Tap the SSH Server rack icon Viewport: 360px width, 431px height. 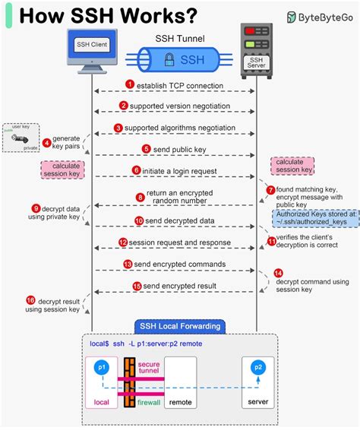point(256,49)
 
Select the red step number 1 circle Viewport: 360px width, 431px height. point(130,84)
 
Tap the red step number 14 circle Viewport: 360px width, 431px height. point(278,272)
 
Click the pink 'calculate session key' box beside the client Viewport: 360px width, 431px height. point(67,168)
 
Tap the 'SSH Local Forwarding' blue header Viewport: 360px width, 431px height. point(179,327)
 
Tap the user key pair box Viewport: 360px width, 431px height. point(21,138)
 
